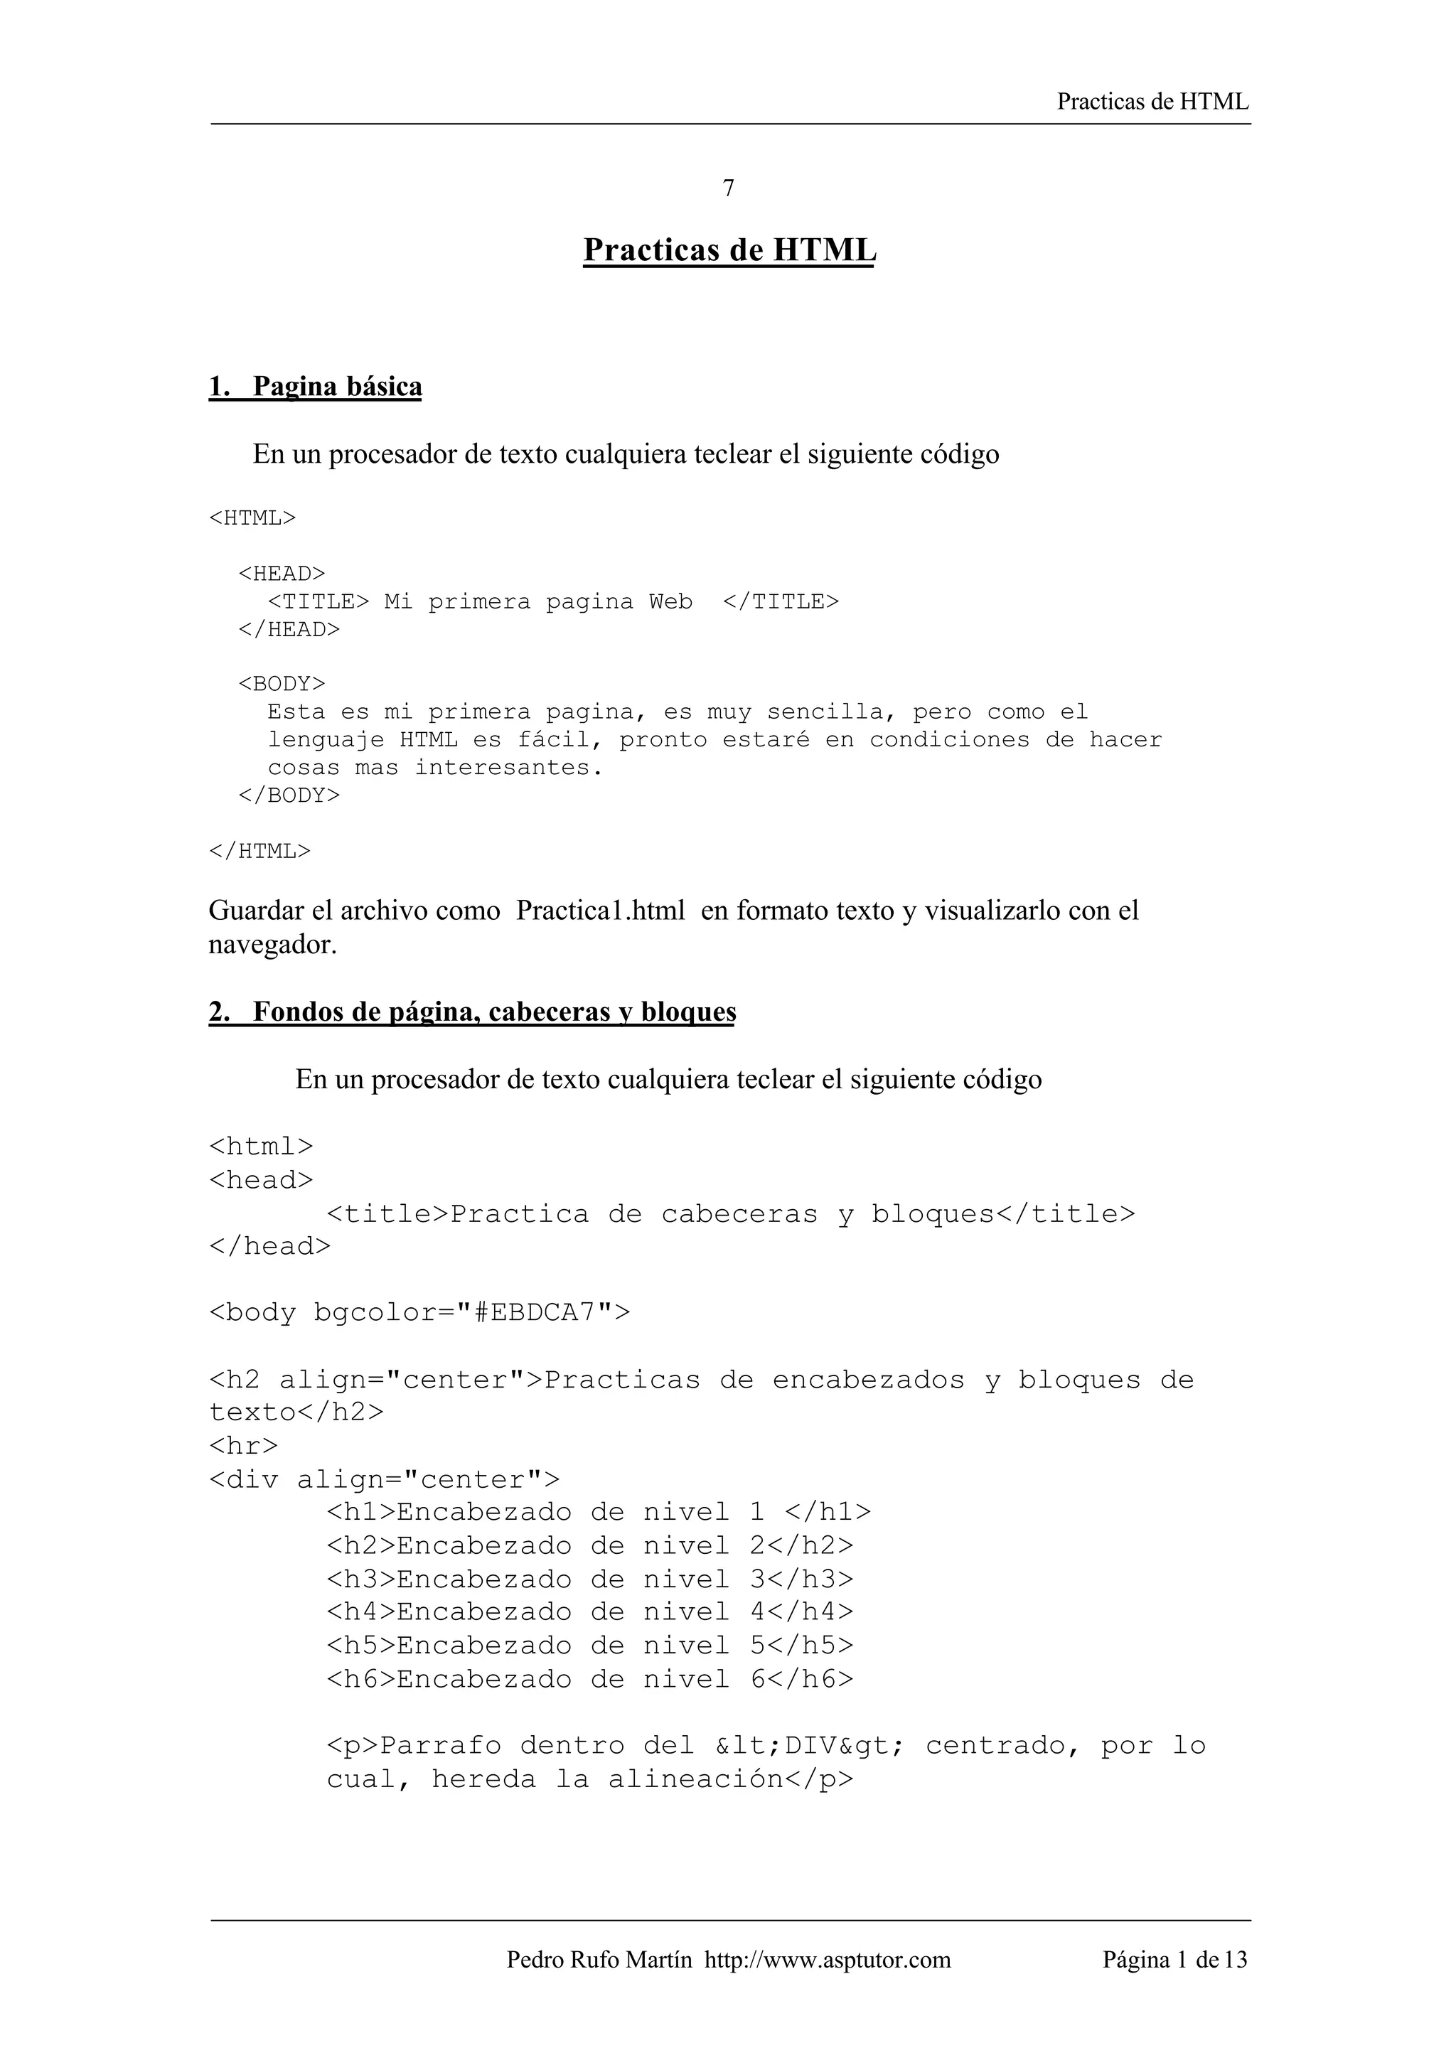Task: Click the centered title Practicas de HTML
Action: coord(729,250)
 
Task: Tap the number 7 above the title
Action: coord(729,188)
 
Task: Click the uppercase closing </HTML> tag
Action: coord(259,851)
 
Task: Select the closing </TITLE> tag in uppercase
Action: coord(781,601)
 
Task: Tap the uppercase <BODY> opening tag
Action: coord(282,684)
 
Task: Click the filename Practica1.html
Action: coord(600,911)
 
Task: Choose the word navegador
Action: coord(272,945)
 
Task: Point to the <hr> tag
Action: coord(243,1445)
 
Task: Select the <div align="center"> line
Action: coord(384,1479)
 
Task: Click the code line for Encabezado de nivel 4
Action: coord(589,1612)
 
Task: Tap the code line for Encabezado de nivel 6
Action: coord(589,1679)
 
